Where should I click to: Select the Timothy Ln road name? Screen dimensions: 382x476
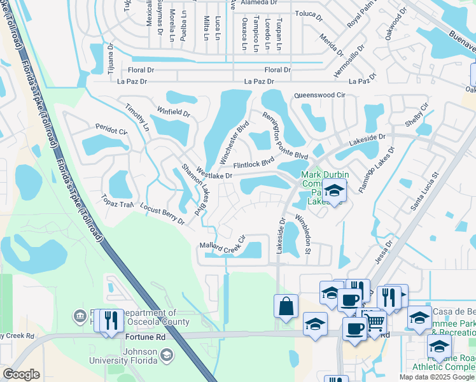(x=137, y=117)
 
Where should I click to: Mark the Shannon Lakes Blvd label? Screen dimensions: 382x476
(x=194, y=188)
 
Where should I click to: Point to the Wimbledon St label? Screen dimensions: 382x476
(x=302, y=234)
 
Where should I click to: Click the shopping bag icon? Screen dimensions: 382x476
(x=286, y=305)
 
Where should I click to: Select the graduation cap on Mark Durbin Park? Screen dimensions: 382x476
(x=334, y=190)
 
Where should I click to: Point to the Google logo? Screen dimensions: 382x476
(x=21, y=374)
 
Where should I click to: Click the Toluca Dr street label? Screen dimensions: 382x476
(x=311, y=13)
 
